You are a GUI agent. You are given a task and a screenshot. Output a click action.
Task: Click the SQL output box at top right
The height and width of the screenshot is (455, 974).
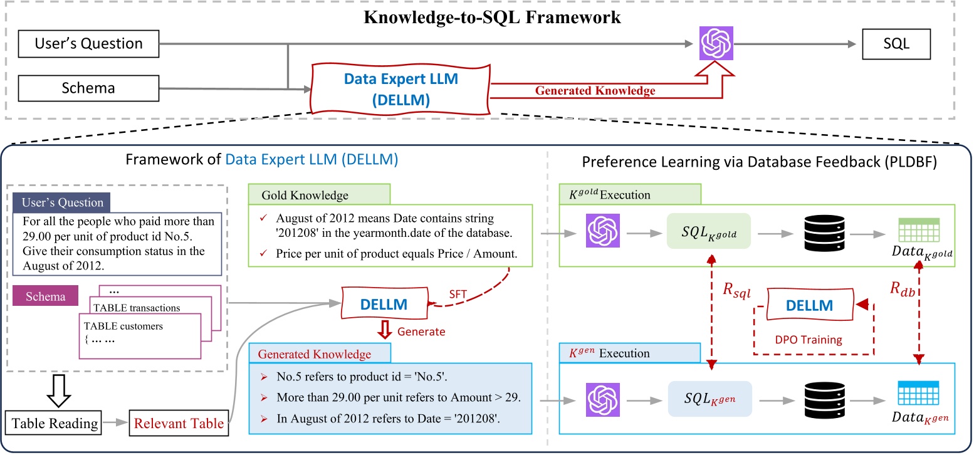(x=897, y=44)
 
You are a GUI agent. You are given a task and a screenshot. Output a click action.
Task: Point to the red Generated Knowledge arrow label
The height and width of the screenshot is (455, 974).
(x=595, y=90)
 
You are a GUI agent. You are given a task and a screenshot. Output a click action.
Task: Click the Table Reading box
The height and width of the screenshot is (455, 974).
(x=55, y=424)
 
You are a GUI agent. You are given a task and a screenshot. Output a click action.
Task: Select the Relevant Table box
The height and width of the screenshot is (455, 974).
(x=179, y=424)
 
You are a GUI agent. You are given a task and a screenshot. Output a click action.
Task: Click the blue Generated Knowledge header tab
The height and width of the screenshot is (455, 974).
(x=320, y=353)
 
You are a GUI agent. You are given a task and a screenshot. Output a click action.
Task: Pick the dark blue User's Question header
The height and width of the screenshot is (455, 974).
(x=61, y=203)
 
